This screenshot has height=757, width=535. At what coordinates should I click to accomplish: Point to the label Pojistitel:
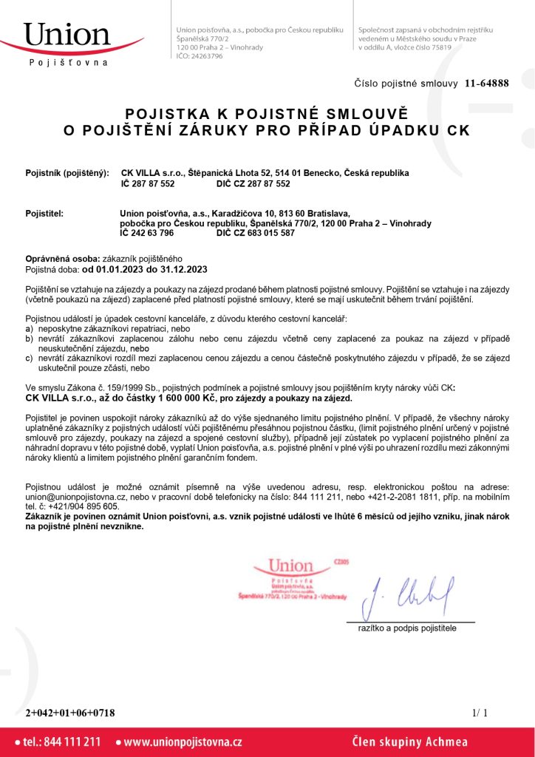pos(45,214)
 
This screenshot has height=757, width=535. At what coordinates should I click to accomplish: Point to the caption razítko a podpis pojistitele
pos(407,628)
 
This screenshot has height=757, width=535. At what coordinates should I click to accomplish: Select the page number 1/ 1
pos(479,713)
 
